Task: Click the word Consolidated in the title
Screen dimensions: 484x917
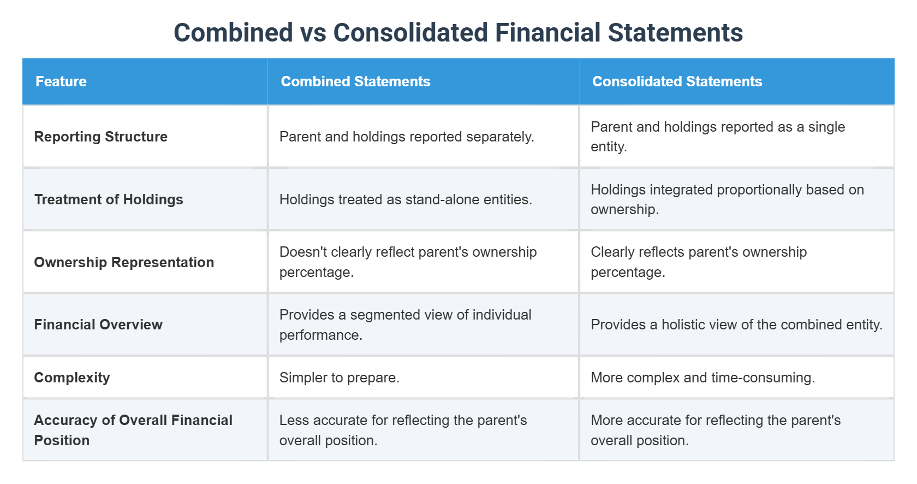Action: point(410,33)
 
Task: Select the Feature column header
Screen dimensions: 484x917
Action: point(61,81)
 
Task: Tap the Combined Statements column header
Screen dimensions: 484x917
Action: point(355,81)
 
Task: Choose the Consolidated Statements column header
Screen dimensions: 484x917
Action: point(677,81)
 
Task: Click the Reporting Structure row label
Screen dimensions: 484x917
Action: point(101,137)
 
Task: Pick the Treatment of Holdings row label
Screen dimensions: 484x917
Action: point(109,199)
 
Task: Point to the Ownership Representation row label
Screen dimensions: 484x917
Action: point(124,262)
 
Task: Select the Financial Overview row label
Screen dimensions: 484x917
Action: point(98,324)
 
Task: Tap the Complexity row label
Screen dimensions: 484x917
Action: point(72,377)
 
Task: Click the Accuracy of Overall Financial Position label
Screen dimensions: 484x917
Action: point(133,430)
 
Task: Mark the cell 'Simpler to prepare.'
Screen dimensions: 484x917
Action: point(340,377)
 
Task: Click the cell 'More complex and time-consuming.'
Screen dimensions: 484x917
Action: point(702,377)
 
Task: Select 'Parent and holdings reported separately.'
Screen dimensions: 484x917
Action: point(407,137)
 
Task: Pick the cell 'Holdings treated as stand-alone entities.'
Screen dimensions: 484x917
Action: point(406,199)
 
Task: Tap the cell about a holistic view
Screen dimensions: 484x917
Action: point(736,324)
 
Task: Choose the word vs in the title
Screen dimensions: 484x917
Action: point(313,33)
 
